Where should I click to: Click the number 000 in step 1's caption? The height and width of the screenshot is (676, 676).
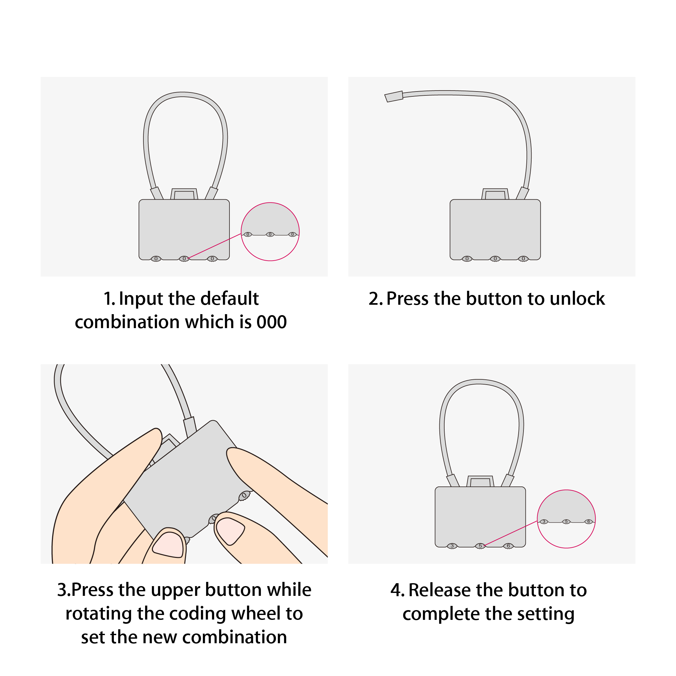272,322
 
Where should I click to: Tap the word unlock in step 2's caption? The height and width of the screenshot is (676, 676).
577,299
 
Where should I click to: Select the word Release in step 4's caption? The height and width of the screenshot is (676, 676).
441,590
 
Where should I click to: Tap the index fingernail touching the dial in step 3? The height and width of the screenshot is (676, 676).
230,531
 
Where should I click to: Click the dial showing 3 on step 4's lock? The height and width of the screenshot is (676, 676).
452,546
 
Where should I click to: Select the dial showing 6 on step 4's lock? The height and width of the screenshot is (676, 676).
509,546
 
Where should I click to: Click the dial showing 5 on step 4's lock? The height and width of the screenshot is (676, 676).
480,546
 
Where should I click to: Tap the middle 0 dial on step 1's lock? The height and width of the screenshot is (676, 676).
184,259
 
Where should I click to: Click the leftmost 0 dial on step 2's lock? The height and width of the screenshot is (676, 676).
467,259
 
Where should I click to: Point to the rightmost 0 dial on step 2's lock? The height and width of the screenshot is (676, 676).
523,259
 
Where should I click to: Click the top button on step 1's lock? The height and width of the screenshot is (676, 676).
184,194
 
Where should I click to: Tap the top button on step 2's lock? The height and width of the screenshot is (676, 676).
495,194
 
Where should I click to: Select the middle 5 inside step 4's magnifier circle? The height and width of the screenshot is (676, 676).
566,522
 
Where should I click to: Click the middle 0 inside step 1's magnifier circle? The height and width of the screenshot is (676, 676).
270,234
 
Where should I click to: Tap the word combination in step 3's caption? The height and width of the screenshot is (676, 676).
235,637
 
